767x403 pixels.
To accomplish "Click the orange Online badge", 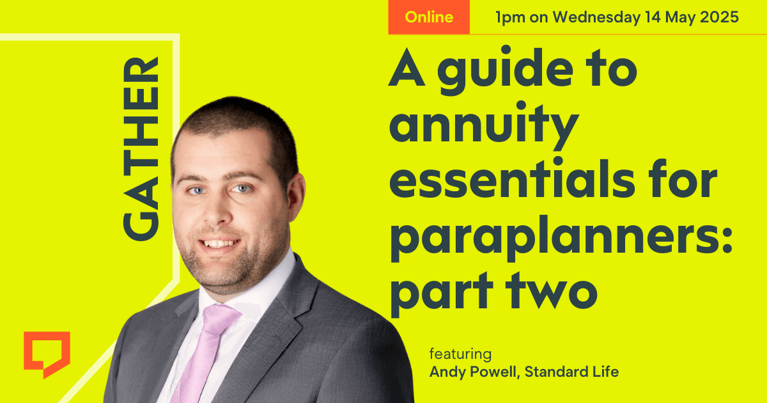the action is pos(429,17).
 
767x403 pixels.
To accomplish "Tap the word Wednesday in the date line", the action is pos(597,17).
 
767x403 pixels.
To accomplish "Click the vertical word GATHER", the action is pos(141,148).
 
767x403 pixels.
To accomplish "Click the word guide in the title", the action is pos(506,70).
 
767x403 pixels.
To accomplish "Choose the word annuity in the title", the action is pos(484,126).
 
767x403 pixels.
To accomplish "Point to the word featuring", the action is pos(460,353).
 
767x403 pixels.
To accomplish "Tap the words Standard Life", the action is pos(571,372).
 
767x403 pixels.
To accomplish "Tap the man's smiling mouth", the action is pos(219,244).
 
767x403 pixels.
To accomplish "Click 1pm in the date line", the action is pos(510,18).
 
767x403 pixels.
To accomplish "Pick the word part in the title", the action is pos(442,294).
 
